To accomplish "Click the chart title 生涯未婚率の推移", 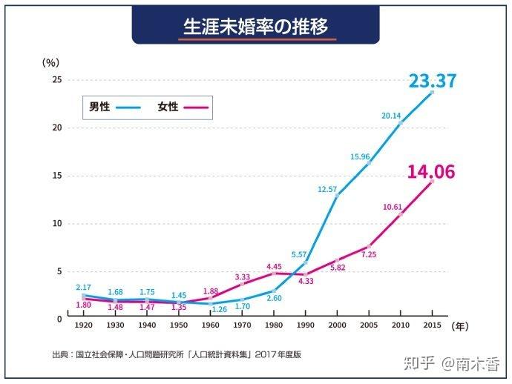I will tap(255, 27).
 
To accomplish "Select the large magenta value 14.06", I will tap(431, 172).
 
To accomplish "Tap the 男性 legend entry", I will tap(99, 107).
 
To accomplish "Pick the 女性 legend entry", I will tap(168, 107).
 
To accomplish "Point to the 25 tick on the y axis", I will tap(57, 80).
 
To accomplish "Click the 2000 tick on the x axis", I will tap(338, 325).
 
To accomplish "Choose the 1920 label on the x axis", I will tap(83, 325).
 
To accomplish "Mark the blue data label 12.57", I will tap(327, 190).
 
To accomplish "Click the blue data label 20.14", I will tap(391, 116).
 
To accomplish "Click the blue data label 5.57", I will tap(299, 254).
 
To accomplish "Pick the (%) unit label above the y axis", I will tap(50, 64).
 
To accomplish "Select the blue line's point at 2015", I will tap(432, 92).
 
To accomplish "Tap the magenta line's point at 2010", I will tap(401, 214).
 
